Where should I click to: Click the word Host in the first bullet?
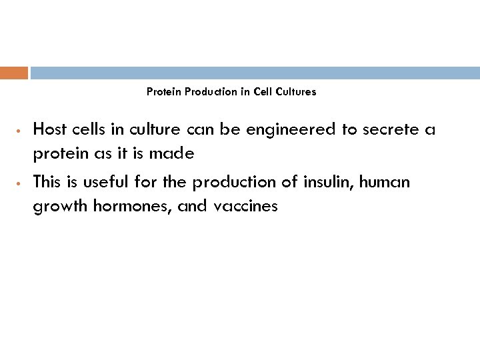pos(49,129)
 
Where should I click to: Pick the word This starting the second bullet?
pos(47,181)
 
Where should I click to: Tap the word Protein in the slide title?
pos(163,92)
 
